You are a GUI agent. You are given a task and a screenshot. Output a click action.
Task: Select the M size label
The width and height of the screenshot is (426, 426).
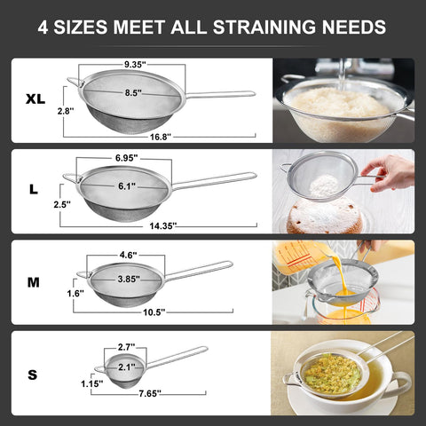coord(33,282)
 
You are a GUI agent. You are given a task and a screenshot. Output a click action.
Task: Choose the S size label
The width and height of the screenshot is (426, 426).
coord(33,375)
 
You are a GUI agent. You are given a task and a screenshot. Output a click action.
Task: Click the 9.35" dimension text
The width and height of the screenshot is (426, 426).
coord(135,64)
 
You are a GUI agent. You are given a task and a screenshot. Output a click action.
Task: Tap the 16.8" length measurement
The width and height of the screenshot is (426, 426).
coord(160,138)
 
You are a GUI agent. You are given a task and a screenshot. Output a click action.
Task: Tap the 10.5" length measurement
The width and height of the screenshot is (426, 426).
coord(154,312)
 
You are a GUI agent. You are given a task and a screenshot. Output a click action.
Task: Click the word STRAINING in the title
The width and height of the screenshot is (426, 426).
coord(281,28)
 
